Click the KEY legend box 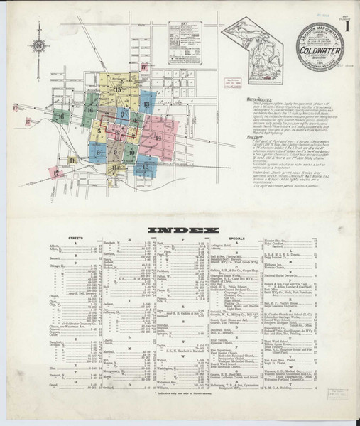[x=185, y=42]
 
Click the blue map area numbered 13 [x=147, y=104]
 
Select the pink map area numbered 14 [x=160, y=137]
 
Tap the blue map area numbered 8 [x=97, y=151]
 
